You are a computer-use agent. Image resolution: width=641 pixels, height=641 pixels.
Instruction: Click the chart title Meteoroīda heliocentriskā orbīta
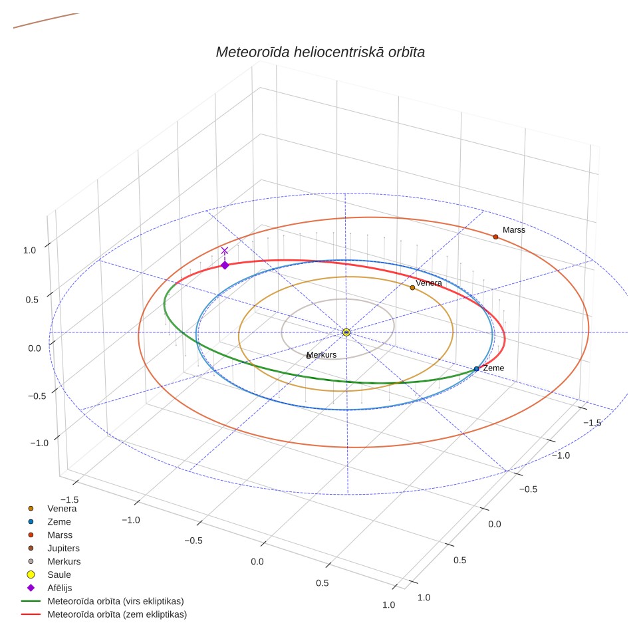(x=320, y=52)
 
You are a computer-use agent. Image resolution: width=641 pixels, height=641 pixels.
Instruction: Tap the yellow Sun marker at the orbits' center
(x=346, y=332)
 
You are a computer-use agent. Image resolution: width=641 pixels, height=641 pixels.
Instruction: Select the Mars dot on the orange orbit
(x=495, y=237)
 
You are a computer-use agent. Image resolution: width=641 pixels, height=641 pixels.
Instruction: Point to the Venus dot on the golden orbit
(x=412, y=288)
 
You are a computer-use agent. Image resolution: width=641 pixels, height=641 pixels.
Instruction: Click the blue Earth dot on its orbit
(x=476, y=369)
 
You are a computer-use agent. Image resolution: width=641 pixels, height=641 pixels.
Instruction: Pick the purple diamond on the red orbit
(x=225, y=265)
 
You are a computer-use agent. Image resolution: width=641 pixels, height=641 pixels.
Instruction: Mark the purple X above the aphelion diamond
(x=225, y=251)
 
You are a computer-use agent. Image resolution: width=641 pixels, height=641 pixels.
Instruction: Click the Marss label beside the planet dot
(x=514, y=230)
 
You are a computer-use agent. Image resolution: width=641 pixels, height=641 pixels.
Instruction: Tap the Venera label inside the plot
(x=429, y=283)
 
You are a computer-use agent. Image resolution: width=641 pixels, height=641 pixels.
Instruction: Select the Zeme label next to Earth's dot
(x=493, y=368)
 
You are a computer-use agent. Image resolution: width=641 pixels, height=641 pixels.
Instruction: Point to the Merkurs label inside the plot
(x=322, y=355)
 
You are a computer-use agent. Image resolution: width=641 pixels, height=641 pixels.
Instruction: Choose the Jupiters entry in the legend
(x=63, y=548)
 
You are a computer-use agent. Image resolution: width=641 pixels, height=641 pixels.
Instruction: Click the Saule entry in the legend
(x=59, y=575)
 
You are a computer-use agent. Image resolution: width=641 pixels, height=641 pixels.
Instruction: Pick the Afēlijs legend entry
(x=60, y=588)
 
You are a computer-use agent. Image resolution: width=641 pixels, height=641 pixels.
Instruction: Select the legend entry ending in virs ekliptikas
(x=116, y=601)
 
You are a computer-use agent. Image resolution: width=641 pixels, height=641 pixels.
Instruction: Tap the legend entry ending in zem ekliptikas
(x=117, y=614)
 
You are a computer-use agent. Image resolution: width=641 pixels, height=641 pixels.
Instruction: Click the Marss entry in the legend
(x=60, y=535)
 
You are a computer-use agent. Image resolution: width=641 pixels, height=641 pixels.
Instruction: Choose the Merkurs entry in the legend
(x=64, y=561)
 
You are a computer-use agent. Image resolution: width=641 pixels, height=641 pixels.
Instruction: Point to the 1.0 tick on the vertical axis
(x=29, y=250)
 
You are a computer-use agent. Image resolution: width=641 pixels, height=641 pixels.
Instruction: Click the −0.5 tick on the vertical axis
(x=37, y=396)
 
